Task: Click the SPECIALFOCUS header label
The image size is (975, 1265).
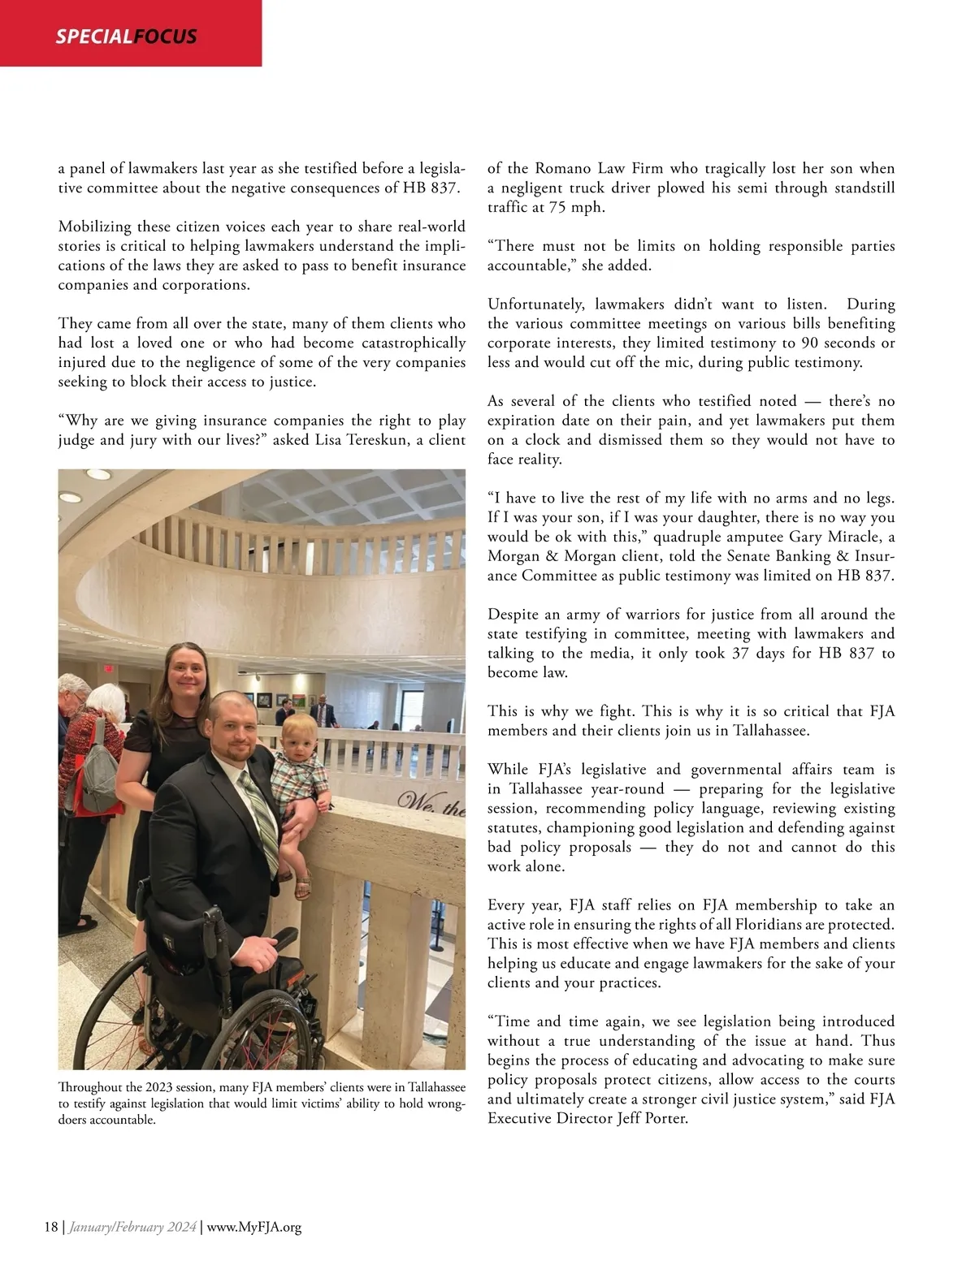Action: [126, 37]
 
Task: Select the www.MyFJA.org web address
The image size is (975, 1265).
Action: [254, 1227]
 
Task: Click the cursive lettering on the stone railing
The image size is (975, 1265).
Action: [431, 806]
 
